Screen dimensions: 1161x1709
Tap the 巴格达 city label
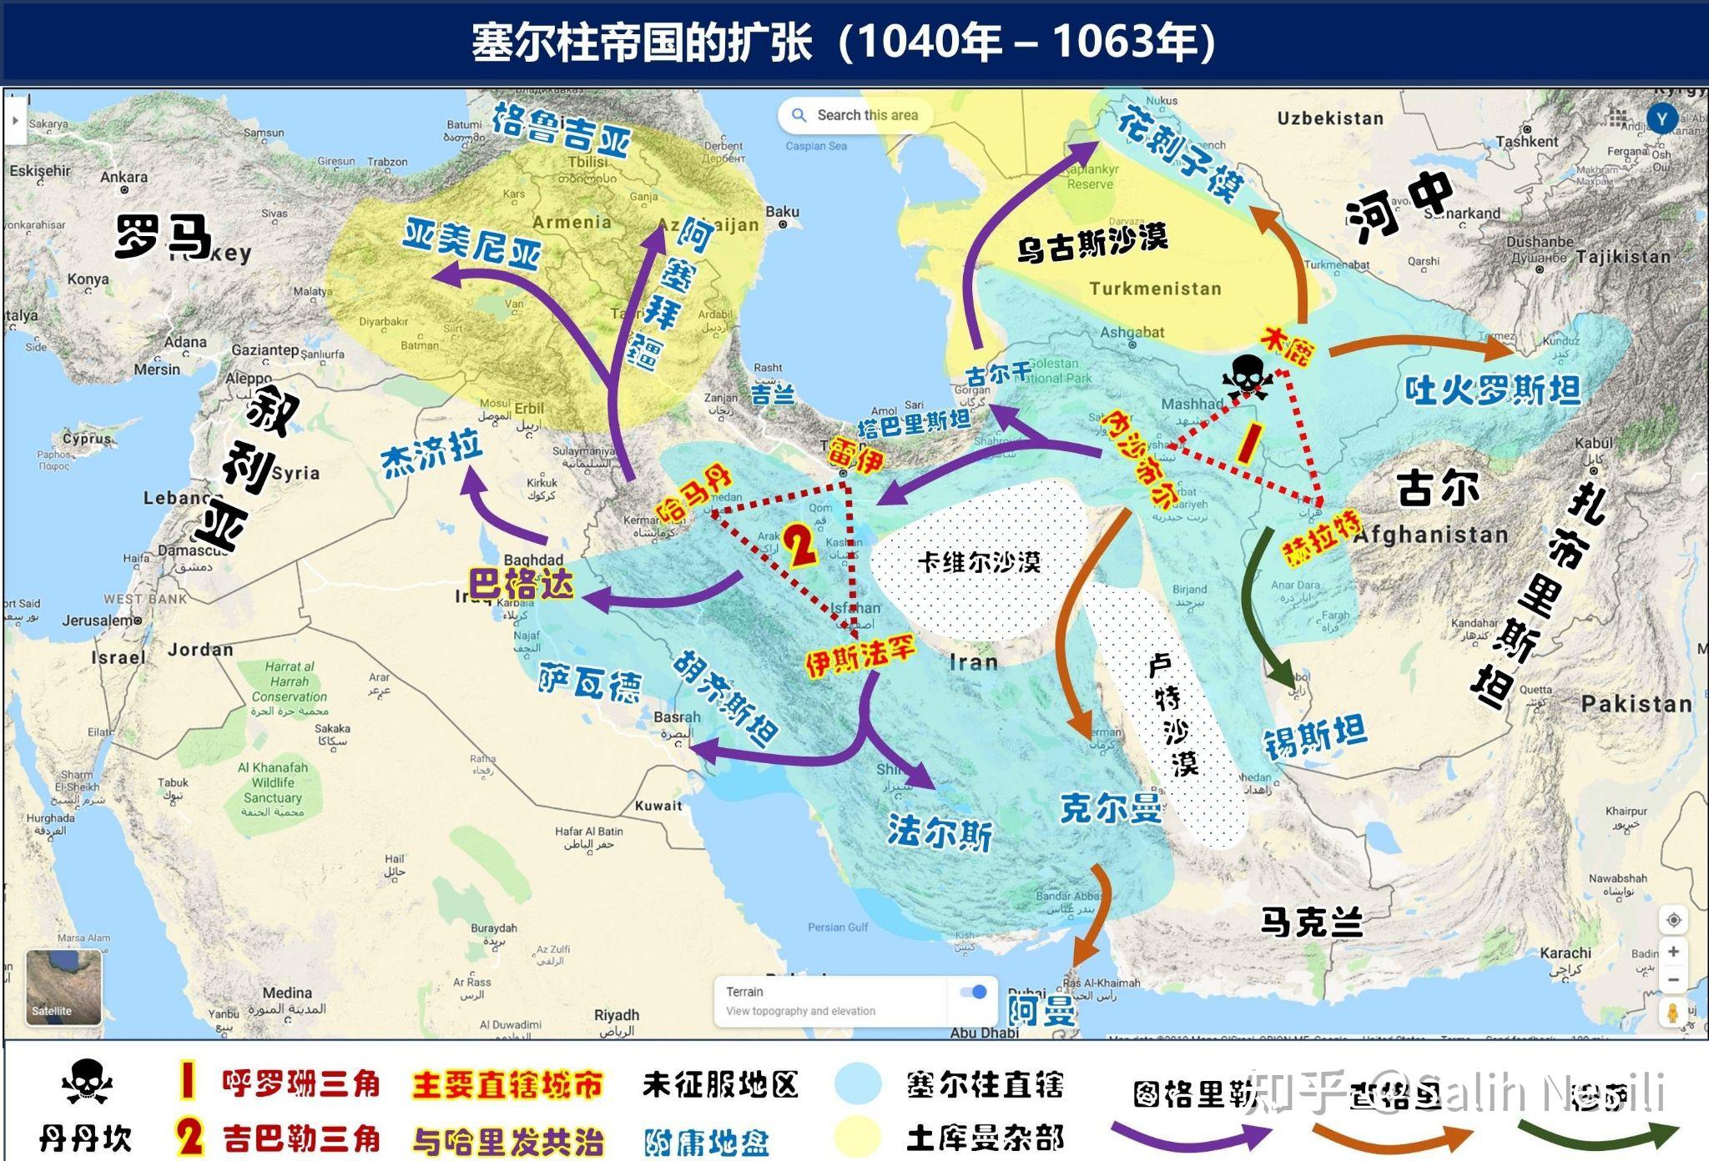tap(521, 584)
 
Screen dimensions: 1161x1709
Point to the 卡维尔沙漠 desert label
tap(979, 562)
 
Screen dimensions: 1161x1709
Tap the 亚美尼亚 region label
tap(471, 243)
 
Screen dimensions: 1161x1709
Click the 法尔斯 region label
tap(939, 832)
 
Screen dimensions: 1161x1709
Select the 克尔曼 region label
tap(1110, 807)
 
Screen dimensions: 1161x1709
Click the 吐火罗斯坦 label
tap(1493, 390)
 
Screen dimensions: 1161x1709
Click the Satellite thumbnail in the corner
tap(63, 988)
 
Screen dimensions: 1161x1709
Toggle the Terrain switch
tap(973, 992)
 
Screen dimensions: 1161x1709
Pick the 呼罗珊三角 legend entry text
tap(300, 1083)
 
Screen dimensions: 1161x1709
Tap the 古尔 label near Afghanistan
tap(1437, 487)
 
